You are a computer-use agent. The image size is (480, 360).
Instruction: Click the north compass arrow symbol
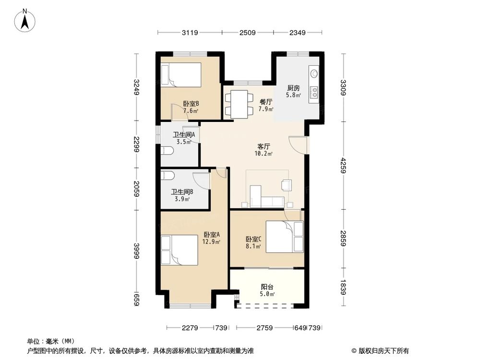pyautogui.click(x=27, y=20)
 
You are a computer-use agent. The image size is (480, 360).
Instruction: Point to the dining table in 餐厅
pyautogui.click(x=239, y=104)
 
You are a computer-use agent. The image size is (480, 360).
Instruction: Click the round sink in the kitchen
pyautogui.click(x=314, y=73)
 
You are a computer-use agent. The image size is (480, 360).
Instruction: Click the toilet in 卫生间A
pyautogui.click(x=167, y=152)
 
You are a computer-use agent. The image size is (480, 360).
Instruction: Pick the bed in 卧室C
pyautogui.click(x=284, y=236)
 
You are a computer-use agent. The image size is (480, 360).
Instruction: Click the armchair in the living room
pyautogui.click(x=287, y=185)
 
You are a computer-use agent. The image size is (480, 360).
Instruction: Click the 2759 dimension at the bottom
pyautogui.click(x=264, y=328)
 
